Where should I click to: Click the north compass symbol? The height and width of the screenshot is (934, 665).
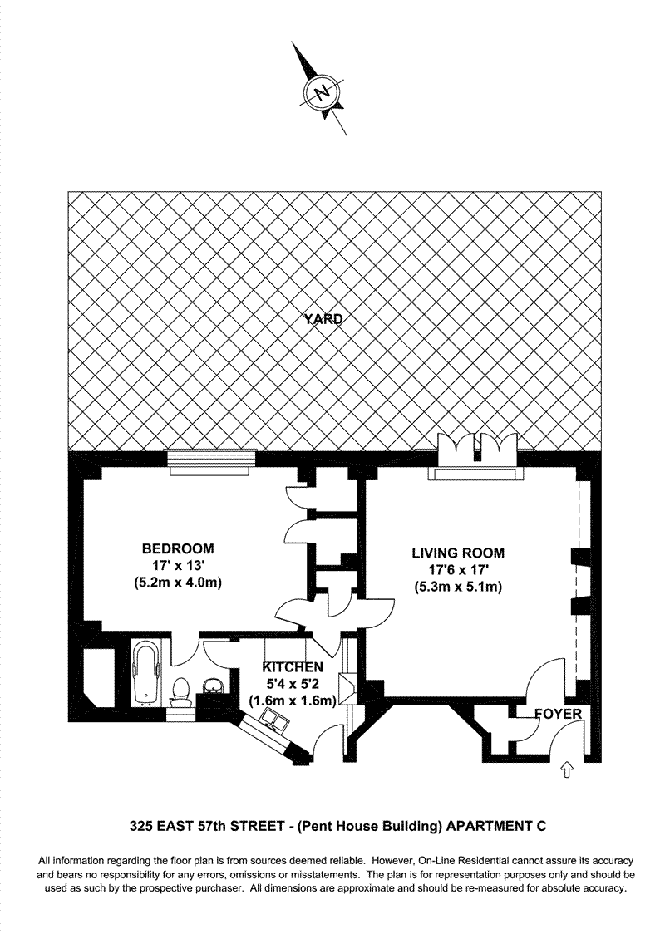click(323, 91)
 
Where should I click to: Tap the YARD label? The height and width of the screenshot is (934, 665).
click(323, 318)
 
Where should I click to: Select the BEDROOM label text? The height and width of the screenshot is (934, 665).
click(177, 548)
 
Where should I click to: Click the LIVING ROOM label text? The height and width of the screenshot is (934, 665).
click(459, 553)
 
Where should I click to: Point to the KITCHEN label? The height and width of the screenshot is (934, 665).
click(293, 667)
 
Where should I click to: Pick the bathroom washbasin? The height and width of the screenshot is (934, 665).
click(214, 686)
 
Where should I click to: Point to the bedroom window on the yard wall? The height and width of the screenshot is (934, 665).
click(209, 462)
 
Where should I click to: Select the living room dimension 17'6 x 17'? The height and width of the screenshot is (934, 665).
click(459, 570)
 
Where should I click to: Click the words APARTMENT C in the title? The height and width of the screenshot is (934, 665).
click(495, 826)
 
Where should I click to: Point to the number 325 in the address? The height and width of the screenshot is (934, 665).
click(142, 826)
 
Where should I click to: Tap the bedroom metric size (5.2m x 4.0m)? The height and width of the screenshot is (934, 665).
click(177, 583)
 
